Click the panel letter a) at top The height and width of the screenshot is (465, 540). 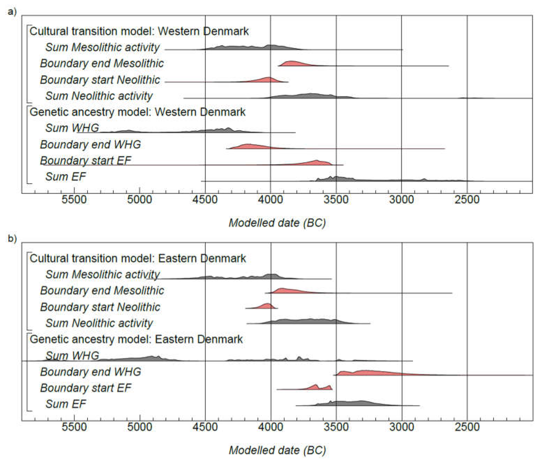pyautogui.click(x=12, y=12)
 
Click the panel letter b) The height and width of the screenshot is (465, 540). pyautogui.click(x=12, y=239)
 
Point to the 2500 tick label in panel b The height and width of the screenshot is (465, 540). pyautogui.click(x=467, y=427)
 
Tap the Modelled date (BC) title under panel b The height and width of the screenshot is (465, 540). pyautogui.click(x=277, y=450)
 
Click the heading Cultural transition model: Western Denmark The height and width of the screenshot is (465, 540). pyautogui.click(x=139, y=31)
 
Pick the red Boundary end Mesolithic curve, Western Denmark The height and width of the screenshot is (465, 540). pyautogui.click(x=300, y=64)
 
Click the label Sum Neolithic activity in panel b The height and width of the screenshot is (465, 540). pyautogui.click(x=99, y=323)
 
